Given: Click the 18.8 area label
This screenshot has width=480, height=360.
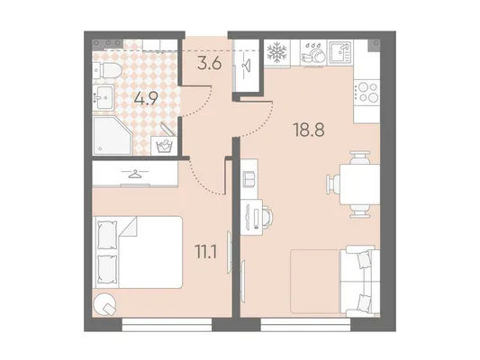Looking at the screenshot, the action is [309, 130].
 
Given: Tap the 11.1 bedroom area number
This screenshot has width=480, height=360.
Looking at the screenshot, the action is [206, 252].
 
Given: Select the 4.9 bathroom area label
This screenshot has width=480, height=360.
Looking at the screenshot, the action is [146, 98].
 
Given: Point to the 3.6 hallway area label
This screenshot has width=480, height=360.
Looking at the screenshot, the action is [210, 64].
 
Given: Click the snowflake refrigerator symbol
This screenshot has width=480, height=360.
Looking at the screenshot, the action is [277, 52].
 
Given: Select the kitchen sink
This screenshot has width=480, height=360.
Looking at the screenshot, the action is [341, 52].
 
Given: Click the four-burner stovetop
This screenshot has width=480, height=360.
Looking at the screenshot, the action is [367, 93].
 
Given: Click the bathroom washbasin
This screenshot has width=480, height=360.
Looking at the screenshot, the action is [104, 97].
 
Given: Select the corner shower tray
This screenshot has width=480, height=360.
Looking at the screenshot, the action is [113, 136].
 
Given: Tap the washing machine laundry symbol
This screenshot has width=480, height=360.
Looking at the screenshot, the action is [164, 146].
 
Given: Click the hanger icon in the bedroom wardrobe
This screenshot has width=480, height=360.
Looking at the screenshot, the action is [135, 174].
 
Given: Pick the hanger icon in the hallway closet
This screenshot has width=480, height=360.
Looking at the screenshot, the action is [246, 64].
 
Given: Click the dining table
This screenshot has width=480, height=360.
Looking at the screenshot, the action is [359, 184].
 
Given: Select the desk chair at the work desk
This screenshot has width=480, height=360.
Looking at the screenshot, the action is [267, 217].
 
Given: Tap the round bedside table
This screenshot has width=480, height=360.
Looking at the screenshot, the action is [104, 303].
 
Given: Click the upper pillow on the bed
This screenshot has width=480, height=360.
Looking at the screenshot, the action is [107, 235].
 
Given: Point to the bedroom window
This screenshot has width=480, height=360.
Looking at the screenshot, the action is [167, 325].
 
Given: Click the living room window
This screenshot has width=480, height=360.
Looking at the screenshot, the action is [305, 325].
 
